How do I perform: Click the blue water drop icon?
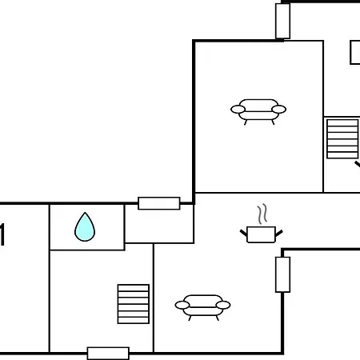tap(85, 227)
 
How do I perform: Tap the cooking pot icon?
tap(262, 234)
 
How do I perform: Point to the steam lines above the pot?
tap(262, 214)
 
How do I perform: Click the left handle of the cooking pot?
tap(243, 233)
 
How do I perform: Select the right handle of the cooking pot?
tap(279, 233)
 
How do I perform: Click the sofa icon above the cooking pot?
tap(258, 111)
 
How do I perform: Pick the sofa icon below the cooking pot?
tap(202, 307)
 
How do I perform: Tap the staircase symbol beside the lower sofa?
tap(134, 304)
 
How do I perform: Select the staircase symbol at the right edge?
tap(342, 139)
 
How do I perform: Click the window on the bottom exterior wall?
tap(108, 354)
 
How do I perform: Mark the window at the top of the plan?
tap(282, 21)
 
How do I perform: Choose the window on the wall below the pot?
tap(282, 274)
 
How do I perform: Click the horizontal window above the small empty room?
tap(159, 203)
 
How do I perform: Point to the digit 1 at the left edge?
tap(2, 234)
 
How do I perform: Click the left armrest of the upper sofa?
tap(238, 110)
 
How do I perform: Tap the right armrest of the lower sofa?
tap(223, 305)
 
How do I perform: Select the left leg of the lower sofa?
tap(190, 318)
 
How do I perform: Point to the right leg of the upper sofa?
tap(273, 122)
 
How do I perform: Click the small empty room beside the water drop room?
tap(159, 223)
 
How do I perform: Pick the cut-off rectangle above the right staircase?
tap(355, 53)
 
